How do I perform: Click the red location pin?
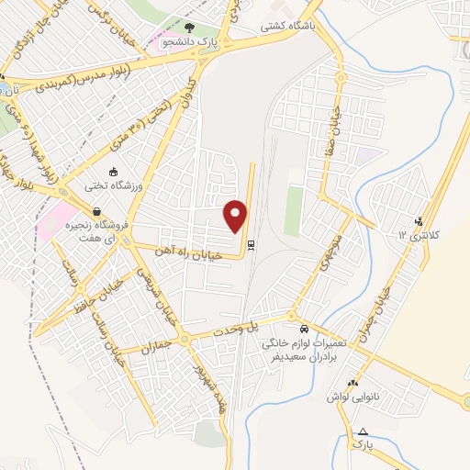click(237, 216)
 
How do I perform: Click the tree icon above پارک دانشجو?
click(190, 28)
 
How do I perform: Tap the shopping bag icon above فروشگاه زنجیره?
click(97, 211)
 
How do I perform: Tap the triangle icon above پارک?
click(364, 432)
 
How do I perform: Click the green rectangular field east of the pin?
click(293, 210)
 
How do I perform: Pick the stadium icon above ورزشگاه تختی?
click(114, 172)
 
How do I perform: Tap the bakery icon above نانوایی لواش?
click(352, 383)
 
